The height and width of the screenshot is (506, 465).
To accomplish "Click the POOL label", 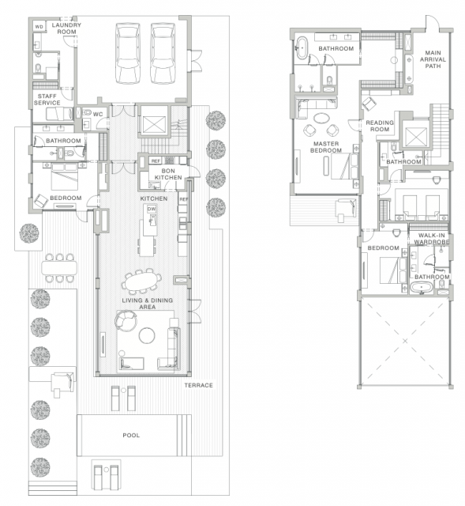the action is click(x=131, y=436).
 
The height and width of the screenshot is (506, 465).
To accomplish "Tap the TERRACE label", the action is click(x=198, y=385).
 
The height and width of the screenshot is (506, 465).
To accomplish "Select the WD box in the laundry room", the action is click(x=39, y=27).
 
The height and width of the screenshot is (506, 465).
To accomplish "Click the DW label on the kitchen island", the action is click(x=152, y=209).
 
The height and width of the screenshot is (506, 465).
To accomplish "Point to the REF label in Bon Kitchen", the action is click(x=156, y=160).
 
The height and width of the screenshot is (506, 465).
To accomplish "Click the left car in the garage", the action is click(x=128, y=53).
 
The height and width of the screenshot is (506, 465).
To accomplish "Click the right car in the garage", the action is click(x=163, y=53).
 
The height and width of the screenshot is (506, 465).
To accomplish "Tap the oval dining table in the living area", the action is click(x=142, y=281).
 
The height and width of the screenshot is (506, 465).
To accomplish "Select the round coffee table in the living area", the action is click(x=147, y=335).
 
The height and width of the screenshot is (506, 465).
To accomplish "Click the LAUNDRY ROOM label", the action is click(x=66, y=28).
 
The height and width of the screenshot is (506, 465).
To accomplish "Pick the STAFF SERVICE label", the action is click(x=47, y=100).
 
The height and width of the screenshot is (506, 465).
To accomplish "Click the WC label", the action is click(x=98, y=114).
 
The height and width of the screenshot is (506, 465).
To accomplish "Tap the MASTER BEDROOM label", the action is click(x=326, y=147).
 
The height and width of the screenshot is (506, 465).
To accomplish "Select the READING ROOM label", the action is click(x=380, y=126).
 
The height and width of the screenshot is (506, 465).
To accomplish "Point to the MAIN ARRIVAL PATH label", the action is click(x=433, y=59).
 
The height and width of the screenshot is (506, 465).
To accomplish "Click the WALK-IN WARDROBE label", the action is click(x=432, y=239).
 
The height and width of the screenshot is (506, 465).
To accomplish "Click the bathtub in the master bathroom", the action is click(x=302, y=48).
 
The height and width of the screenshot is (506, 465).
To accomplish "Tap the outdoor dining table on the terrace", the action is click(x=59, y=268).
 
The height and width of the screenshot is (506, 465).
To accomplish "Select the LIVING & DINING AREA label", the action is click(x=148, y=304).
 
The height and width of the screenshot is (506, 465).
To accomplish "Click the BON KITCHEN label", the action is click(x=168, y=174).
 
